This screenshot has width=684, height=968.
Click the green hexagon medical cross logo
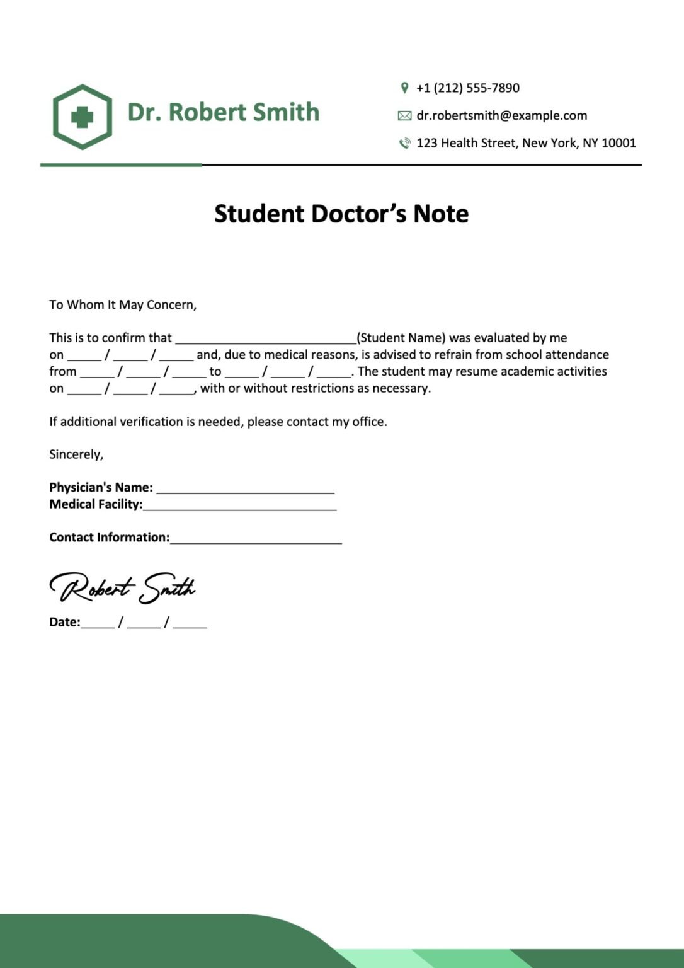click(x=83, y=117)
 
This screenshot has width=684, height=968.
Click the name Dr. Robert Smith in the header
click(x=223, y=112)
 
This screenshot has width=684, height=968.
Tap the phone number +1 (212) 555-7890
click(x=468, y=88)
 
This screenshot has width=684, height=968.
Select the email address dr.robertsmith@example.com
click(x=501, y=116)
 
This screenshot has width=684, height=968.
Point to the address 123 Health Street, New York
click(x=526, y=143)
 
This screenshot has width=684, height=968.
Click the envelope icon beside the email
click(x=404, y=116)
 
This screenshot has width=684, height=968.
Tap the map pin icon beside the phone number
click(x=404, y=88)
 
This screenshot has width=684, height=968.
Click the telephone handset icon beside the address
click(x=404, y=144)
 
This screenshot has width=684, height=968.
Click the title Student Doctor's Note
click(x=341, y=214)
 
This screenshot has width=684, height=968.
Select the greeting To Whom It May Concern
click(x=123, y=305)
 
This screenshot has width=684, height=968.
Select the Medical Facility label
click(x=96, y=504)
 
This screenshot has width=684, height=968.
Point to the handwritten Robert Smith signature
click(x=122, y=588)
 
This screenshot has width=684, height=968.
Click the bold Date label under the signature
click(x=64, y=623)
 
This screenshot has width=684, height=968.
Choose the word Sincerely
click(x=76, y=454)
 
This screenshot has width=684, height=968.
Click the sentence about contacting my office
click(x=218, y=422)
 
